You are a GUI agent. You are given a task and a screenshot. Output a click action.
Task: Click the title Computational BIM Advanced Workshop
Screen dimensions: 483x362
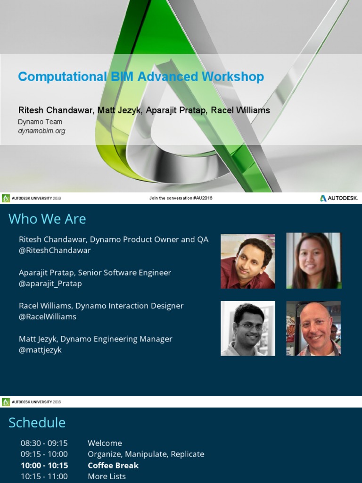click(x=141, y=77)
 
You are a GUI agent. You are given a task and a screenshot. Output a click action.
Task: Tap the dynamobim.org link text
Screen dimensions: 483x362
click(x=41, y=131)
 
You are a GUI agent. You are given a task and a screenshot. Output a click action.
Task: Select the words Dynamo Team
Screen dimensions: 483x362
click(x=40, y=122)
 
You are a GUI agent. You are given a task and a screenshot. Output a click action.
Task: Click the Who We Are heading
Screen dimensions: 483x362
click(x=47, y=219)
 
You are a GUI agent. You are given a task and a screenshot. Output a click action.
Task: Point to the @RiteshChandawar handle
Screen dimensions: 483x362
click(x=55, y=250)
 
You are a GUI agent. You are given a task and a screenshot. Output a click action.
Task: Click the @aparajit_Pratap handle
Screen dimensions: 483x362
click(x=50, y=283)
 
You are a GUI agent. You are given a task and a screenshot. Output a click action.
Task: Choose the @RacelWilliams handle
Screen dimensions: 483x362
click(x=48, y=316)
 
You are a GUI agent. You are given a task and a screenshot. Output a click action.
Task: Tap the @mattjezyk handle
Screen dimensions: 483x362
click(x=40, y=350)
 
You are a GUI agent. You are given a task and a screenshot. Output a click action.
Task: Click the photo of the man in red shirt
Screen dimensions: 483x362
click(x=247, y=261)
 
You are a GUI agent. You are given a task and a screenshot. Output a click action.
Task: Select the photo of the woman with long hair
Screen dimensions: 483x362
click(x=313, y=261)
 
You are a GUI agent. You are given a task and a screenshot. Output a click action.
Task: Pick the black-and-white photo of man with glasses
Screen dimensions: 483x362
click(x=247, y=328)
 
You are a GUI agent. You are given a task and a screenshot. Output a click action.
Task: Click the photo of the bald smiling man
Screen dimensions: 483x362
click(x=313, y=328)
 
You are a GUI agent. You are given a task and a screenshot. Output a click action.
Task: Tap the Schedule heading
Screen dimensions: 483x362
click(x=37, y=423)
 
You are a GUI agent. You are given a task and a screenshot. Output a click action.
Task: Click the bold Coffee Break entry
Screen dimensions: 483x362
click(x=113, y=466)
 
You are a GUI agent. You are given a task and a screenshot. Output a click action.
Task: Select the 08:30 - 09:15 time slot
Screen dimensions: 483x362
click(x=44, y=443)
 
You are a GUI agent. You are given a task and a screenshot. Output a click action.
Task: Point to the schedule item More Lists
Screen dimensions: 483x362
click(x=107, y=476)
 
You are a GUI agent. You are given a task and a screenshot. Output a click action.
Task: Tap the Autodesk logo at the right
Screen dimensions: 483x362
click(x=339, y=198)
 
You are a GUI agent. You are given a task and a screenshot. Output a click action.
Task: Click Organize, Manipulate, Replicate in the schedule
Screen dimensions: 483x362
click(x=146, y=454)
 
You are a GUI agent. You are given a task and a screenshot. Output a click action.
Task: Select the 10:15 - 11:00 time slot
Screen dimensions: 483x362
click(x=44, y=476)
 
